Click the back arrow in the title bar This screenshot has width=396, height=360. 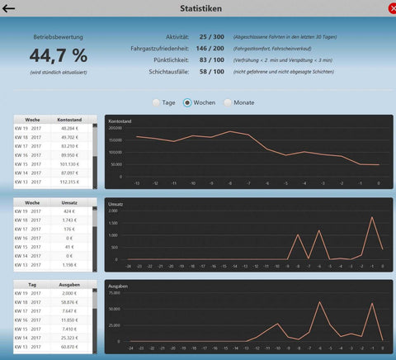click(10, 8)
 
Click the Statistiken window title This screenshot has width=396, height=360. click(199, 8)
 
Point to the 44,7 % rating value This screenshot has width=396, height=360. click(58, 56)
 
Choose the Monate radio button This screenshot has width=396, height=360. click(227, 102)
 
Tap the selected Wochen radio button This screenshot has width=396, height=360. click(187, 102)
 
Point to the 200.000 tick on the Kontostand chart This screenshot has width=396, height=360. click(115, 129)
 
